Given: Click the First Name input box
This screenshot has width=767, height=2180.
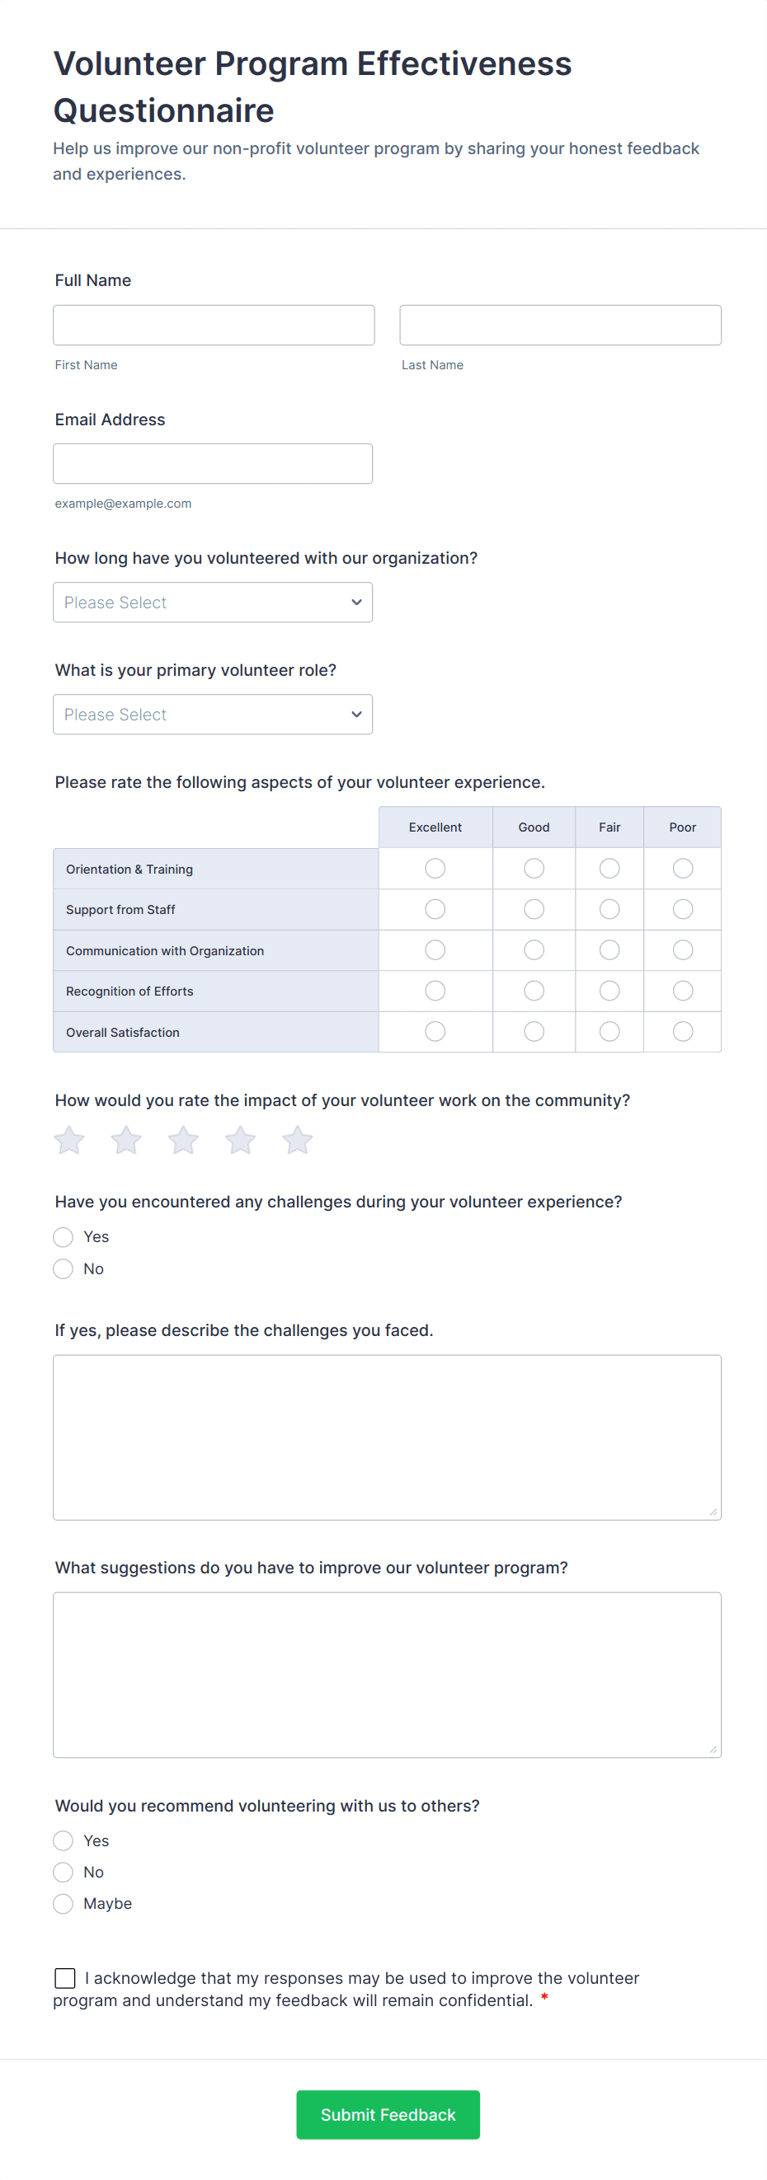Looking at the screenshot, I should click(214, 325).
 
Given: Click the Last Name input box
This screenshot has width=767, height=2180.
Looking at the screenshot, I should click(560, 325).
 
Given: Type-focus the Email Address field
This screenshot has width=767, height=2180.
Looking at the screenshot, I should click(213, 464).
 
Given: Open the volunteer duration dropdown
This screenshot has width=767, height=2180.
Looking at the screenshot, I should click(213, 602).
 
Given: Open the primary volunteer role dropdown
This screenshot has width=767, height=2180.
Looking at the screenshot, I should click(213, 715).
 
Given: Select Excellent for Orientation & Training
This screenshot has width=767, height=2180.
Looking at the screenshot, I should click(435, 868).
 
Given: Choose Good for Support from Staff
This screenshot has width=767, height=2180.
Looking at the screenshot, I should click(534, 909).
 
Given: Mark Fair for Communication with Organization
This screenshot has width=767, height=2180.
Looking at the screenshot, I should click(609, 950).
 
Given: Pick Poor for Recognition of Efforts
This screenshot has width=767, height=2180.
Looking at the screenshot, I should click(682, 991).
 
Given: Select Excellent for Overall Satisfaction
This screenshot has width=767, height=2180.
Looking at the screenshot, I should click(435, 1032).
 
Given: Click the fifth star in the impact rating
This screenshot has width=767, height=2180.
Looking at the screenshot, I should click(297, 1140).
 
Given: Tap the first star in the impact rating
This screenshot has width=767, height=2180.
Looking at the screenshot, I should click(69, 1140).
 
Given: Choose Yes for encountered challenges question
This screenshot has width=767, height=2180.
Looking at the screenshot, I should click(64, 1237).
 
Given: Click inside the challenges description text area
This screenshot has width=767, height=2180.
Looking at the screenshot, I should click(387, 1437).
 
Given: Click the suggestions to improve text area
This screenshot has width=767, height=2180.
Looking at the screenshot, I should click(387, 1675).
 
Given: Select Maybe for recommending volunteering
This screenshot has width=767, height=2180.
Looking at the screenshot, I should click(64, 1904).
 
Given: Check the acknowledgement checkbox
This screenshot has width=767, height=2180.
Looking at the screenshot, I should click(65, 1978).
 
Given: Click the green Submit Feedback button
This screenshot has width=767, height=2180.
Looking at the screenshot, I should click(388, 2115).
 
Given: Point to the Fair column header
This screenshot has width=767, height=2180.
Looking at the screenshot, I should click(609, 827).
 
